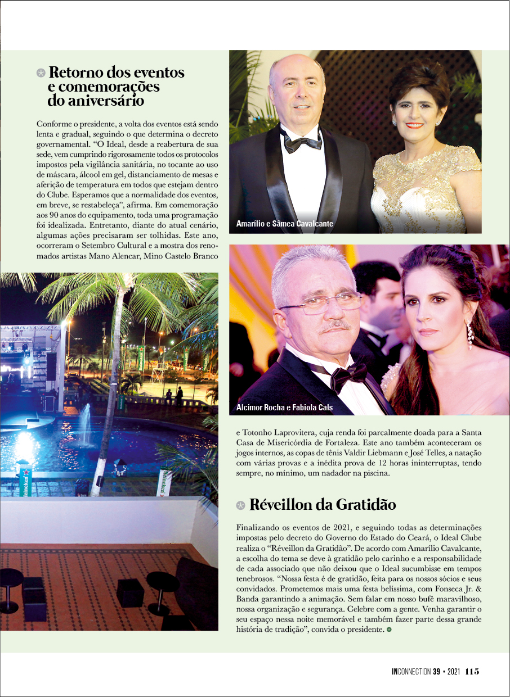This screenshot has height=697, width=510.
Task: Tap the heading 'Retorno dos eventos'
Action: (x=117, y=73)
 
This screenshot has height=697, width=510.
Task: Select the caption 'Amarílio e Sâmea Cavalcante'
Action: (x=285, y=224)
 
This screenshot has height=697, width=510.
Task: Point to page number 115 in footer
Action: (x=472, y=671)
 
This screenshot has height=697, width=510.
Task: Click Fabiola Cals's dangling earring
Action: (x=469, y=335)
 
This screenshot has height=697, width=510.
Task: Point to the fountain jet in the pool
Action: (x=86, y=424)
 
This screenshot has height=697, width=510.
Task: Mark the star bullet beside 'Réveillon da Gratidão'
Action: (x=240, y=505)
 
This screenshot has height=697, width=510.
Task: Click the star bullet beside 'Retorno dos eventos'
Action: (x=41, y=73)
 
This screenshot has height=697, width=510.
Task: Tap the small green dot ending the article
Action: (x=388, y=630)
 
